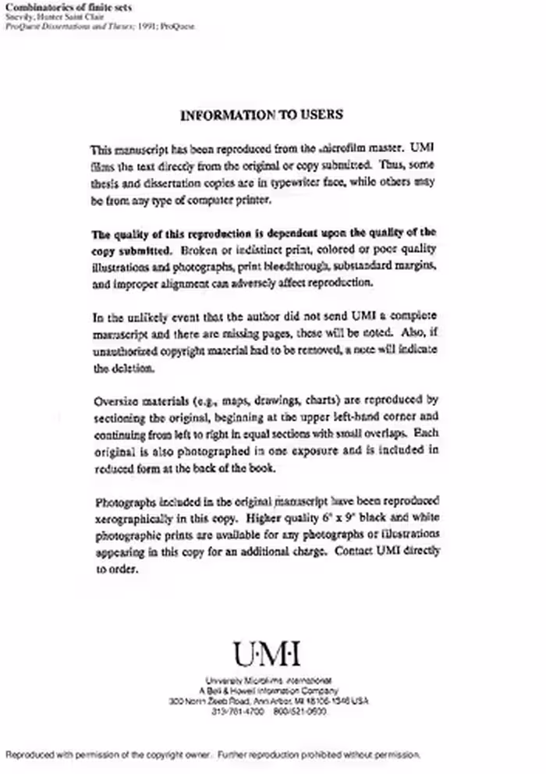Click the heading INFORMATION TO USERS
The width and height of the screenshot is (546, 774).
pos(261,115)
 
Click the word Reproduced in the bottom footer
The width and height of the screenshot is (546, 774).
pos(30,754)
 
